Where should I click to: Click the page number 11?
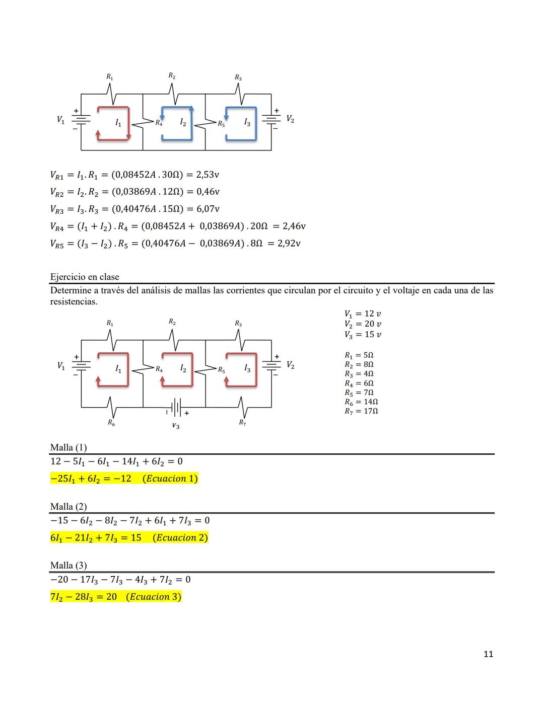(x=488, y=654)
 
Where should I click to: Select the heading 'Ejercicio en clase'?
(x=85, y=277)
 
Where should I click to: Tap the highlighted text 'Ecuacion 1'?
(x=170, y=479)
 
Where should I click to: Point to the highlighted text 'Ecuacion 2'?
(x=180, y=537)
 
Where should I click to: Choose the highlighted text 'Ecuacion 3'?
(x=153, y=597)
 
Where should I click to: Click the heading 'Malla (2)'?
(x=69, y=507)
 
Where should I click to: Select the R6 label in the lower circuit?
(x=111, y=424)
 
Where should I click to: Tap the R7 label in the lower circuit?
(x=242, y=423)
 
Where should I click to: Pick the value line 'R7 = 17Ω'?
(x=361, y=411)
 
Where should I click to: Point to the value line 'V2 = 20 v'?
(x=363, y=324)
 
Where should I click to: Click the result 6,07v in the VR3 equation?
(x=208, y=209)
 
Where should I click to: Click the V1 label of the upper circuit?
(x=60, y=120)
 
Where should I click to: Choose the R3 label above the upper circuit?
(x=238, y=78)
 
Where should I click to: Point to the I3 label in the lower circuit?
(x=247, y=369)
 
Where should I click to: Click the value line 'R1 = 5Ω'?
(x=359, y=355)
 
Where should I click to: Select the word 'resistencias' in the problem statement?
(x=73, y=302)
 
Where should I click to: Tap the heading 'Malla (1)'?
(x=69, y=447)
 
